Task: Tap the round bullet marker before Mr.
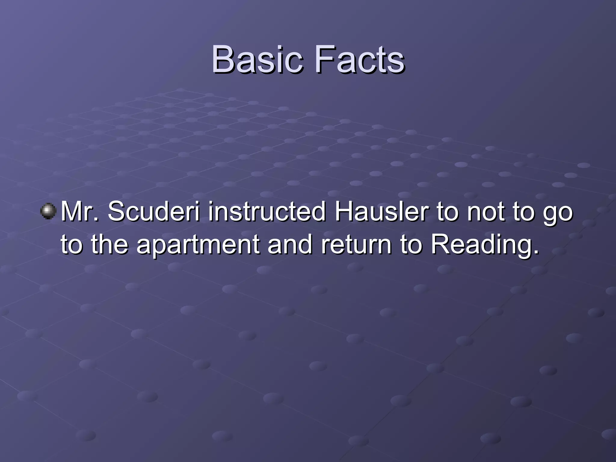48,211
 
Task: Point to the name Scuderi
154,211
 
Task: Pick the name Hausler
382,211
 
